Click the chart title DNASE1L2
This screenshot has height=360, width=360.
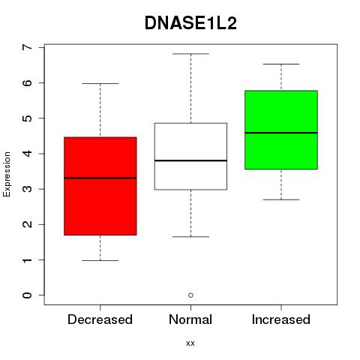(x=190, y=23)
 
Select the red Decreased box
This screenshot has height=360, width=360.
(x=100, y=186)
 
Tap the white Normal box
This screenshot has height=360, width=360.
(x=190, y=156)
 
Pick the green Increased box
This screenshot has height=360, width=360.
(x=281, y=130)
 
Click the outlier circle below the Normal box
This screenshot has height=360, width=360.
(x=190, y=295)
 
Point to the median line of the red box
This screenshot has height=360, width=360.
(x=100, y=178)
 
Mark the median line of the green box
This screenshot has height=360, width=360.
(x=281, y=133)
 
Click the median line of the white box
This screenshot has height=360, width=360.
(x=190, y=160)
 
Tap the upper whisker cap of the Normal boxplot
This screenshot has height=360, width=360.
(x=190, y=54)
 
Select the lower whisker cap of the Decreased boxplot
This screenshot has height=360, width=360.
(x=100, y=260)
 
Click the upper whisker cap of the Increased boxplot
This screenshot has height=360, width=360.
(x=281, y=64)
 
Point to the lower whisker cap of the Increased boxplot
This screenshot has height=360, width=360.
(x=281, y=199)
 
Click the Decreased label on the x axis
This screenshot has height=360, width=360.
(x=100, y=319)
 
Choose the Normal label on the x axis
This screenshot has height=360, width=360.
(x=190, y=319)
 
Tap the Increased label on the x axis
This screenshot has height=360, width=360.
(x=281, y=319)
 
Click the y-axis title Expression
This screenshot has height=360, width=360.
(x=7, y=174)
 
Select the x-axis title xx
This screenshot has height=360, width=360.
(x=190, y=343)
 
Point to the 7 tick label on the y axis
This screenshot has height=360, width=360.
(x=28, y=47)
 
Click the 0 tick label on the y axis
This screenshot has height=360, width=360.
(x=28, y=295)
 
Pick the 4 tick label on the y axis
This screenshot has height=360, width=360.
(x=28, y=154)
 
